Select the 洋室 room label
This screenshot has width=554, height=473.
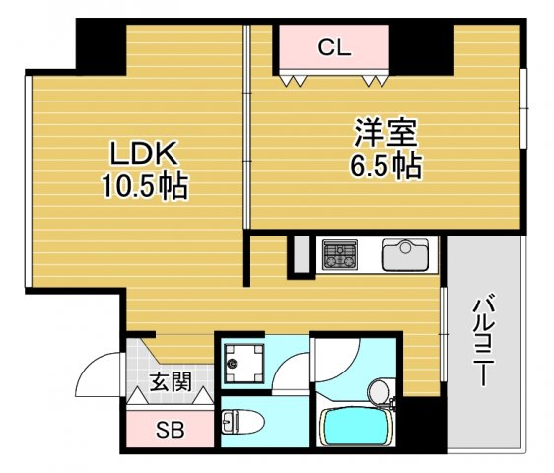(x=386, y=132)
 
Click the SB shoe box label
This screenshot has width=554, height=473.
(x=170, y=429)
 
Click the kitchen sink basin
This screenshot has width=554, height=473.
(x=404, y=256)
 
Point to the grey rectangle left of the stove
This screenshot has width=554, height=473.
(x=302, y=255)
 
